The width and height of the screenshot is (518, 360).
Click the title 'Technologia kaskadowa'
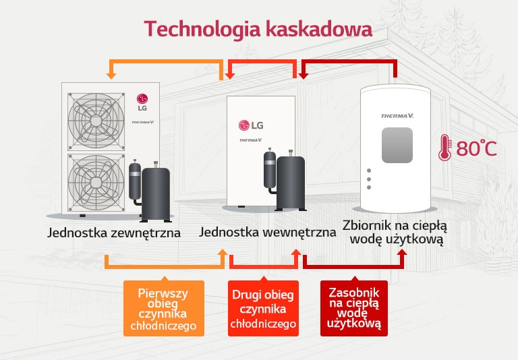(x=258, y=30)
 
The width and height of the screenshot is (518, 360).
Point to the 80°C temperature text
(x=476, y=148)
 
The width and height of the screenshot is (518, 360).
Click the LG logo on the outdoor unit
(x=142, y=101)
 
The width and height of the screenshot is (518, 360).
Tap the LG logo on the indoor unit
(x=250, y=125)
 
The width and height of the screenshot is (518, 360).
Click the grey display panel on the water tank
(x=397, y=145)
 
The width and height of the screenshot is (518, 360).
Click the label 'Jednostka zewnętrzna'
(x=114, y=233)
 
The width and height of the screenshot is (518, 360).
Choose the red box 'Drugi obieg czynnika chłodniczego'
(x=263, y=309)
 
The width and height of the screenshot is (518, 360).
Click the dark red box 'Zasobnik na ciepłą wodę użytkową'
(x=353, y=308)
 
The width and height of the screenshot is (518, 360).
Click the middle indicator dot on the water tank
(x=369, y=180)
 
